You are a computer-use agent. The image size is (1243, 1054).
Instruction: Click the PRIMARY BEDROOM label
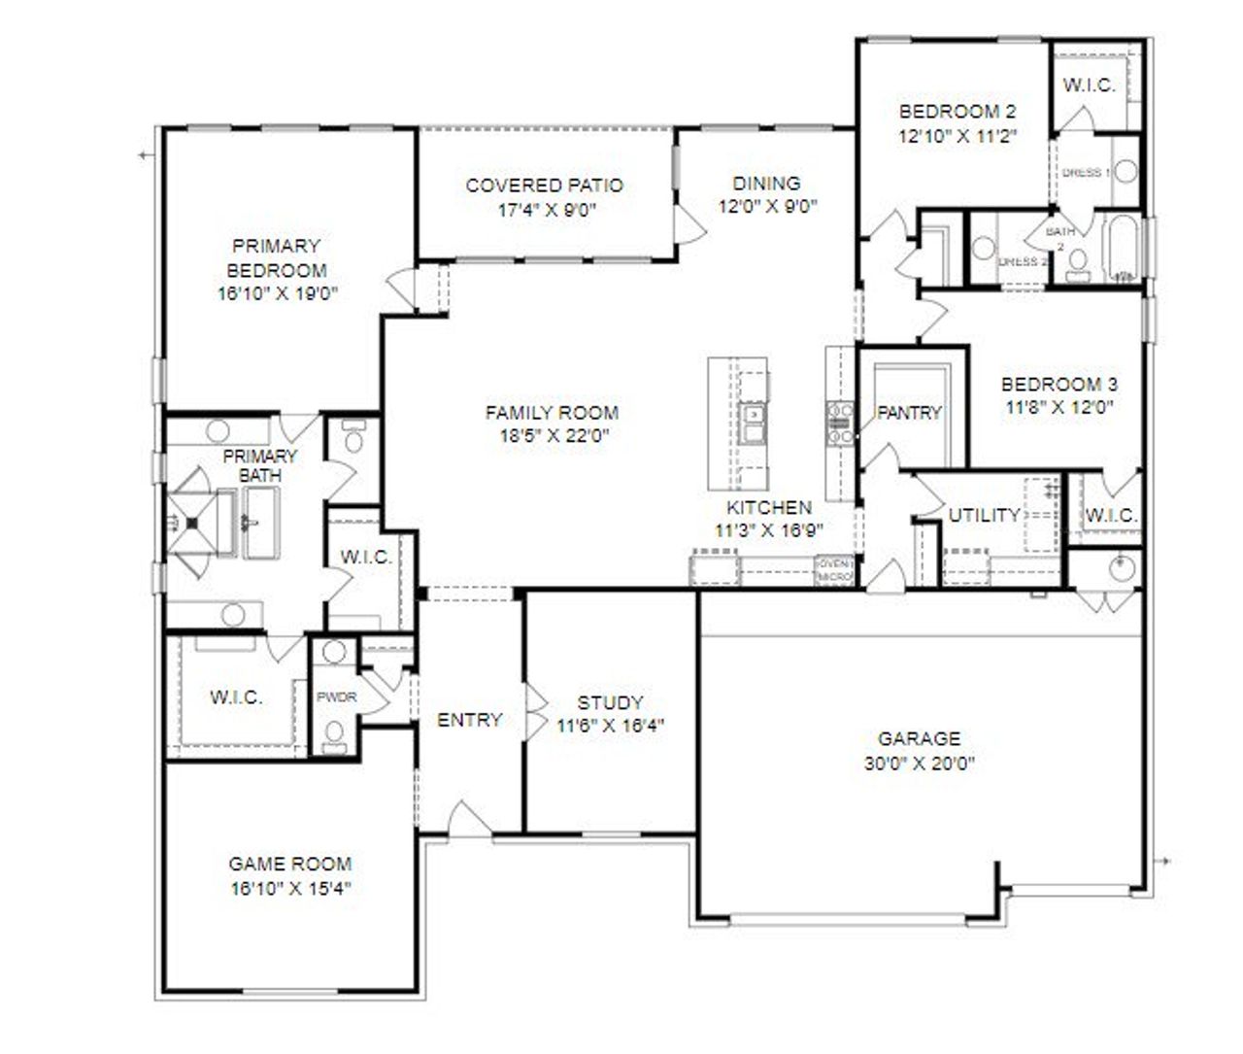point(277,258)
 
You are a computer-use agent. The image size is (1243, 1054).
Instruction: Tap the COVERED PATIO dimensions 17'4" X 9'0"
point(544,209)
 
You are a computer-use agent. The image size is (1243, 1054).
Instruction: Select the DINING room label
point(766,183)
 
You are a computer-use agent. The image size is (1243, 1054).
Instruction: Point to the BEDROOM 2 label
point(957,111)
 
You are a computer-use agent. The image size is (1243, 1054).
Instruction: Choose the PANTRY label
point(909,413)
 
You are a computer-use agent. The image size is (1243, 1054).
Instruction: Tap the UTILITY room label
point(984,515)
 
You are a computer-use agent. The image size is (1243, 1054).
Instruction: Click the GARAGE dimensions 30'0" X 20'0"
point(919,764)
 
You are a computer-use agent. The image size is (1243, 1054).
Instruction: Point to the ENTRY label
point(469,720)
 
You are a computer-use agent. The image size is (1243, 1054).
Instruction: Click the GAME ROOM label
point(289,864)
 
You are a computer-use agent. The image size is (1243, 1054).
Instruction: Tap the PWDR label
point(336,697)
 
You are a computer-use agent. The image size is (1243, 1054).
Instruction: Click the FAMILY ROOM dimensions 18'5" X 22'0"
point(552,436)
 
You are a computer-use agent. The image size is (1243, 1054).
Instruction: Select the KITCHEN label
point(769,507)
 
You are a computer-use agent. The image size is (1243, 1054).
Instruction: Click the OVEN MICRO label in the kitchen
point(834,570)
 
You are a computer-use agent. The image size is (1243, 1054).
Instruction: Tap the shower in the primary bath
point(191,522)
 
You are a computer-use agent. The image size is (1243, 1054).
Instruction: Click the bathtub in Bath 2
point(1123,248)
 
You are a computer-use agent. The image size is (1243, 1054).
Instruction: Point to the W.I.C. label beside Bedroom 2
point(1089,85)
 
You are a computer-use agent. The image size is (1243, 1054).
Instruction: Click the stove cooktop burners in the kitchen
point(839,424)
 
